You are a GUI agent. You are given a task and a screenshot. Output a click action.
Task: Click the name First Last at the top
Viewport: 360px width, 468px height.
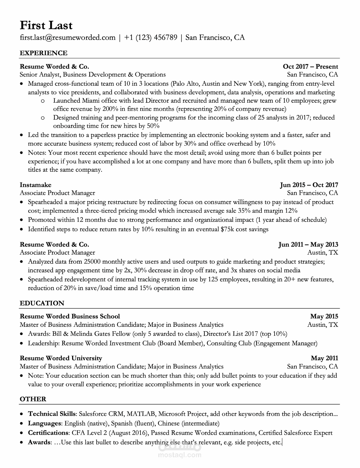(46, 25)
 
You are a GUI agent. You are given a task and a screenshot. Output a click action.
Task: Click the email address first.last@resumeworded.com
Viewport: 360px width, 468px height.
(68, 37)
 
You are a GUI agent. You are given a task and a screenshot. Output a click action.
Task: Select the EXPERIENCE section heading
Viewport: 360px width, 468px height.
(43, 53)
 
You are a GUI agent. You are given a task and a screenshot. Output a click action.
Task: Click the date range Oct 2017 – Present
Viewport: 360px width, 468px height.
(310, 67)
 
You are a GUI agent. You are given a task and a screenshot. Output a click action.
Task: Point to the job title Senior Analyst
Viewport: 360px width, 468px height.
(40, 75)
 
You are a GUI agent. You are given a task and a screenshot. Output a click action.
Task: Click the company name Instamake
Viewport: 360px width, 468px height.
(35, 185)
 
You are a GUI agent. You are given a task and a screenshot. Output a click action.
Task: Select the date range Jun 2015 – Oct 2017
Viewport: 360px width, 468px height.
(309, 185)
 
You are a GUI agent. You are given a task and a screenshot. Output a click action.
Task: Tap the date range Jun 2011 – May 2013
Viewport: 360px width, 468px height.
(308, 244)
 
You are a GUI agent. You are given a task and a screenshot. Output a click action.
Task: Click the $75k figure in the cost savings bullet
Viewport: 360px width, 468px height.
(227, 229)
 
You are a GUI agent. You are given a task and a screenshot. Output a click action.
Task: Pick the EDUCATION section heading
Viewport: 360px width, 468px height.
(42, 303)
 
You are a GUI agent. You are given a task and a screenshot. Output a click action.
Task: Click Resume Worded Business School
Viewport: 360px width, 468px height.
(70, 316)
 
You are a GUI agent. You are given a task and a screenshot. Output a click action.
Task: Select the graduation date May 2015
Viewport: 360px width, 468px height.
(324, 316)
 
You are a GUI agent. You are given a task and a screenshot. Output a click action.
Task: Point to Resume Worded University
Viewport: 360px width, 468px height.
(61, 358)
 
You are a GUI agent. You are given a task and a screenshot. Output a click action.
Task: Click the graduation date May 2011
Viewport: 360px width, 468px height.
(325, 358)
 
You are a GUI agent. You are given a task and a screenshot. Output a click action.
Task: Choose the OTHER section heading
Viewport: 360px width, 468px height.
(33, 399)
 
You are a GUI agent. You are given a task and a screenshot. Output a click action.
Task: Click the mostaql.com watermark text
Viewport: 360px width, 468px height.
(180, 454)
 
